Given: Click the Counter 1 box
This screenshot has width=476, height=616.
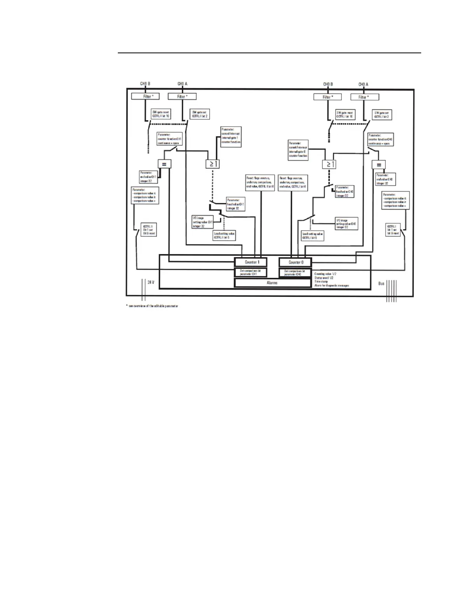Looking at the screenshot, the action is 251,262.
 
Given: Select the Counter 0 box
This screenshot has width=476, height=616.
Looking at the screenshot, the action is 296,262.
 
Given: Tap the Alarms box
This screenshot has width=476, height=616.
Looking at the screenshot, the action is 272,283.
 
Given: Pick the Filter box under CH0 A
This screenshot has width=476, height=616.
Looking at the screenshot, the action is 364,97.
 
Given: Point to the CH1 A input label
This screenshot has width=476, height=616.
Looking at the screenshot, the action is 182,84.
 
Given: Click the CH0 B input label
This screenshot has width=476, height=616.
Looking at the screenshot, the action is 328,84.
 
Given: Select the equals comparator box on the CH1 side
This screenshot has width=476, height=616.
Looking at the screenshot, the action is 164,164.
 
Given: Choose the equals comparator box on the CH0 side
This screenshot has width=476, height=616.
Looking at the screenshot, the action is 378,165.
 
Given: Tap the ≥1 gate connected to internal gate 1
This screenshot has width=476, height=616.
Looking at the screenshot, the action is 212,164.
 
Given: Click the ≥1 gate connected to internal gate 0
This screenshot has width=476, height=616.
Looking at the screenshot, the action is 329,164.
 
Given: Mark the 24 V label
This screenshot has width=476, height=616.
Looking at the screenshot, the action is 150,282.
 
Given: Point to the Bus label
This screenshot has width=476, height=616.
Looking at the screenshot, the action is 381,283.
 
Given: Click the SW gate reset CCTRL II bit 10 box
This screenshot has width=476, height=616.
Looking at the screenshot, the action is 161,114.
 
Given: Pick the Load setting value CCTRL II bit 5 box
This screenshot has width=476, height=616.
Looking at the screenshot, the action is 224,236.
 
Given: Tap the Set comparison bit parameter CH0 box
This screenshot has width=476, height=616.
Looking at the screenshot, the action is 294,273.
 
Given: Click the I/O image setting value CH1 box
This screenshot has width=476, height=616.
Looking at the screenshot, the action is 202,222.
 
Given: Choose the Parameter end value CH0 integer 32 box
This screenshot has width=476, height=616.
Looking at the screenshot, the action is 385,179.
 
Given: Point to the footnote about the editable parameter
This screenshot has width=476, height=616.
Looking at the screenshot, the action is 152,306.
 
